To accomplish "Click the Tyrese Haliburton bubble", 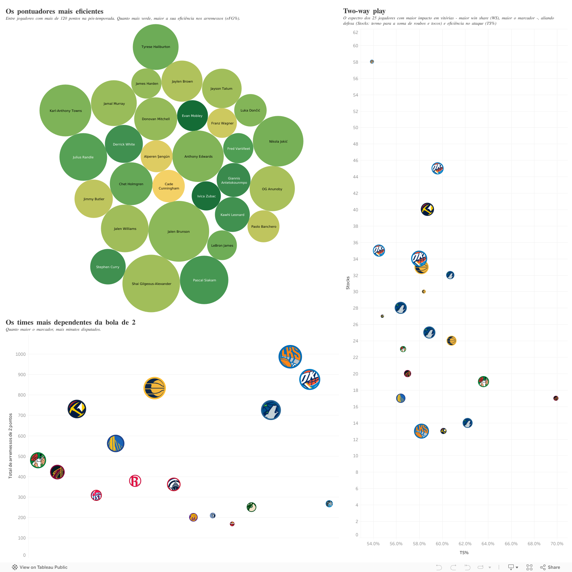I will [156, 47].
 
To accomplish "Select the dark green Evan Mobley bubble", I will [192, 115].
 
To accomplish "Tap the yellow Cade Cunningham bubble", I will [169, 186].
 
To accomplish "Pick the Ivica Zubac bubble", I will [206, 196].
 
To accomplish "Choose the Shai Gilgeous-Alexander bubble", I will [151, 283].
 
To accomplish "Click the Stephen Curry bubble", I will [108, 267].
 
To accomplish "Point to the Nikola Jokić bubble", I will [278, 141].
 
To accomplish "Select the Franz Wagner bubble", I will [222, 123].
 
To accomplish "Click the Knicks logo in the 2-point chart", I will [290, 357].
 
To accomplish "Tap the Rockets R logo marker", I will [135, 481].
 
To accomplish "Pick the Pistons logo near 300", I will [96, 495].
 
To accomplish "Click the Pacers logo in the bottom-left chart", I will [154, 388].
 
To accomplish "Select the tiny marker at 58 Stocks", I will [372, 62].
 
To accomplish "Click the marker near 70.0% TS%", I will [556, 398].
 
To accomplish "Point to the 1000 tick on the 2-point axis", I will [20, 354].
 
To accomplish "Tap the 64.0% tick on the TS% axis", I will [488, 544].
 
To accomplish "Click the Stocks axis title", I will [348, 282].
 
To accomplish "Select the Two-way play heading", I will [364, 11].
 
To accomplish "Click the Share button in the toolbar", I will [550, 567].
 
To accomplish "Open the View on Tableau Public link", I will [40, 567].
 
